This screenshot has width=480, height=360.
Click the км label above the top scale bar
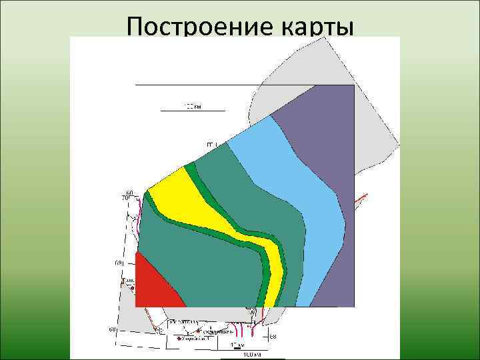[x=192, y=105]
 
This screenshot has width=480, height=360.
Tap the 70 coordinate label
[x=124, y=198]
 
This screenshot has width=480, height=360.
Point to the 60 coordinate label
[x=129, y=193]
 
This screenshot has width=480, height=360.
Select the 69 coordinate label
[x=119, y=265]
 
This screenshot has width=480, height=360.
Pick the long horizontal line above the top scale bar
[x=197, y=85]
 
